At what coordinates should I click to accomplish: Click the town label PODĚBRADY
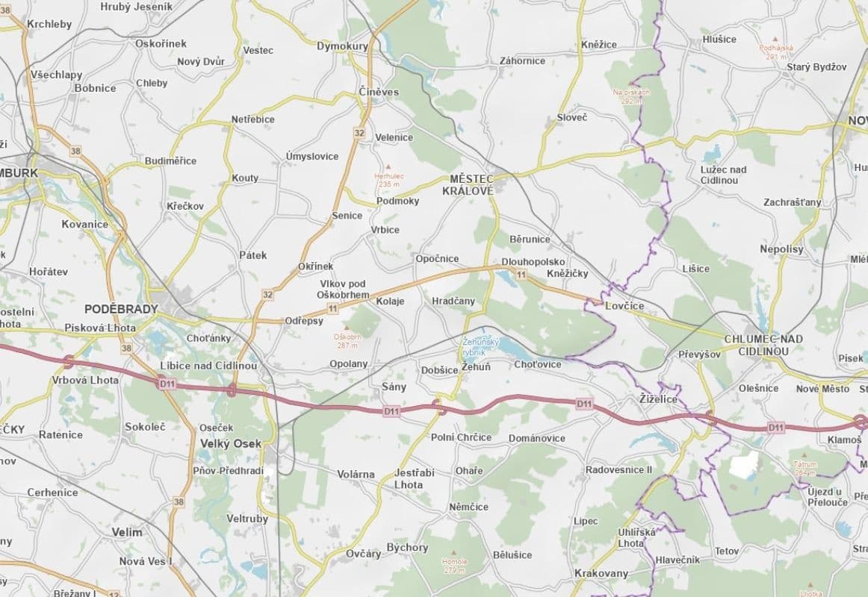point(121,309)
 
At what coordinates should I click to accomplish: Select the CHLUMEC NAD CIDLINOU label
point(763,345)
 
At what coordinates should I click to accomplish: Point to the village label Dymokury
point(343,46)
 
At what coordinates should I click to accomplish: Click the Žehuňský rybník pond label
point(474,347)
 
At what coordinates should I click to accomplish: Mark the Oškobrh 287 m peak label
point(347,340)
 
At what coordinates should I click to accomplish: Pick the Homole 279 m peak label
point(454,565)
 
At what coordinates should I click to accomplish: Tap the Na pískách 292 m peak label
point(631,96)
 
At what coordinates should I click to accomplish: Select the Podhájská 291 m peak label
point(775,51)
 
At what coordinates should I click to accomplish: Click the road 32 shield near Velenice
point(359,133)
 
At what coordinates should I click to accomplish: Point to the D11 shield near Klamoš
point(776,428)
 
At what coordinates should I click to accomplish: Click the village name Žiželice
point(657,400)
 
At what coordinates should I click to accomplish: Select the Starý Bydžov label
point(816,67)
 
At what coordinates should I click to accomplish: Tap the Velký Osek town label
point(231,443)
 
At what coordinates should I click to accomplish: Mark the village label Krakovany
point(601,573)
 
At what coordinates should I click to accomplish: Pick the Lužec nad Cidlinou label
point(723,175)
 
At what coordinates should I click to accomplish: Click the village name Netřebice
point(252,119)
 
